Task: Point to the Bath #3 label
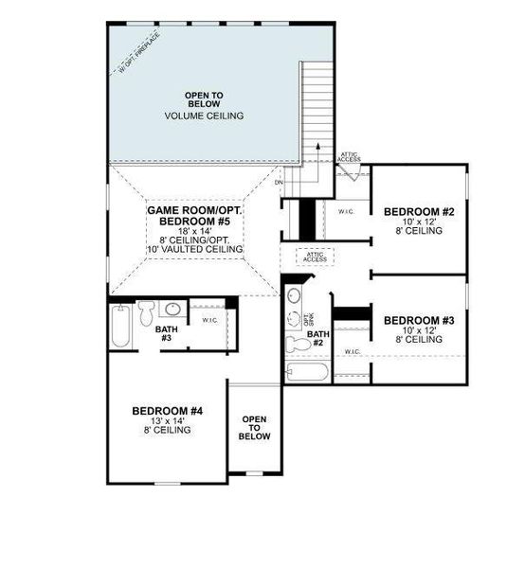click(x=164, y=334)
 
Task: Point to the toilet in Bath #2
click(x=296, y=342)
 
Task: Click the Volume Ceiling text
click(x=204, y=115)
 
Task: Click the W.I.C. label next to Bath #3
click(x=209, y=320)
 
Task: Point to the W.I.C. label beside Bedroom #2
click(x=347, y=212)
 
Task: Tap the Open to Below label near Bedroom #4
click(x=255, y=428)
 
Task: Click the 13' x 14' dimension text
click(x=167, y=420)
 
